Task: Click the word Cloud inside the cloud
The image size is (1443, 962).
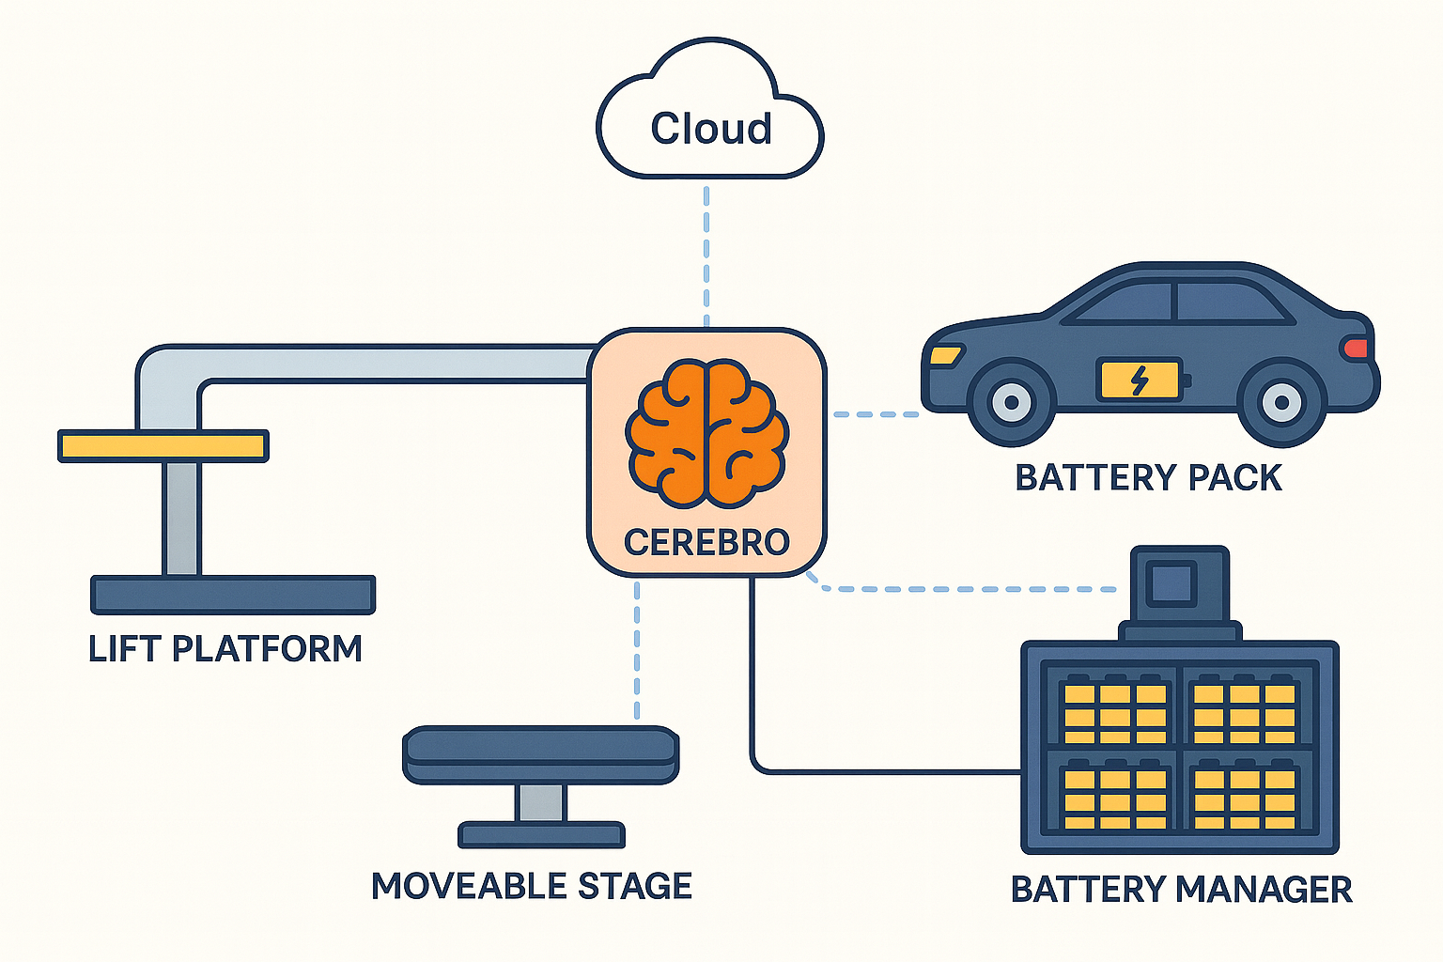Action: click(x=711, y=129)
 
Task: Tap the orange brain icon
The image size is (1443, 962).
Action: click(x=707, y=432)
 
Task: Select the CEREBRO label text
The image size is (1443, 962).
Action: click(x=706, y=542)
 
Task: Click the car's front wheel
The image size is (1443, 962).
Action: click(x=1011, y=402)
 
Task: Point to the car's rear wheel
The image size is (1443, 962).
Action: click(x=1281, y=402)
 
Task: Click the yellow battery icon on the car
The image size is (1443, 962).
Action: click(x=1140, y=380)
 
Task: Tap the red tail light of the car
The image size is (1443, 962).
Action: click(x=1356, y=349)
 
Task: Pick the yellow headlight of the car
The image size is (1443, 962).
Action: click(x=945, y=356)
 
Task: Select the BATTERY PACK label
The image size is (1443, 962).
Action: click(x=1148, y=478)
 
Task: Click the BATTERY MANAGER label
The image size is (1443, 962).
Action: click(x=1181, y=889)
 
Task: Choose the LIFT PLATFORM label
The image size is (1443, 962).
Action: click(x=225, y=649)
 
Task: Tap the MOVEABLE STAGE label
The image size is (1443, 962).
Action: click(x=532, y=886)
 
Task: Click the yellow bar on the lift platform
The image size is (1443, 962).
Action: click(x=163, y=445)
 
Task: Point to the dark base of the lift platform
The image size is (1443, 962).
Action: click(x=233, y=595)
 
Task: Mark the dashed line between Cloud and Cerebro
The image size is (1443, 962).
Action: click(x=706, y=254)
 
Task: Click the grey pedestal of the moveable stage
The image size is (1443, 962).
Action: click(x=541, y=803)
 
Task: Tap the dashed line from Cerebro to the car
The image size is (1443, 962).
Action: click(x=876, y=413)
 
